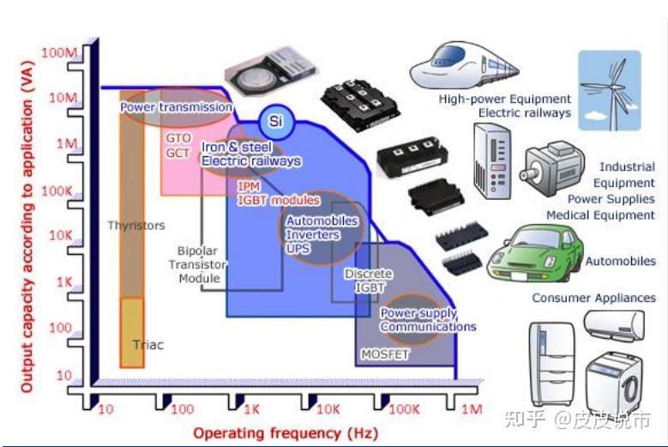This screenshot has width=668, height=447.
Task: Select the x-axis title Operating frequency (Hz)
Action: (x=273, y=432)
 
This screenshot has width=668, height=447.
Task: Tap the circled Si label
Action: (x=275, y=122)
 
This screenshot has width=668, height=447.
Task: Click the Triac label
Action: (x=147, y=345)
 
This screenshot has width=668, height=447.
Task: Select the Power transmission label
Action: (x=176, y=107)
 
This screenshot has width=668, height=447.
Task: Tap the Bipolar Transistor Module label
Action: (x=198, y=264)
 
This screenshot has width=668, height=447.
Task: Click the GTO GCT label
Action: (x=178, y=145)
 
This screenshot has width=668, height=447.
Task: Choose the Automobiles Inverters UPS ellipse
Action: (x=322, y=234)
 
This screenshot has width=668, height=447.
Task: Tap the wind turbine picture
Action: (x=609, y=90)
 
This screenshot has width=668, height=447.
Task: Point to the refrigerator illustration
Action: (x=552, y=363)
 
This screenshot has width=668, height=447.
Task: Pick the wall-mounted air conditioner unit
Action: (x=613, y=325)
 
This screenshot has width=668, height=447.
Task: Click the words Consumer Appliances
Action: (x=593, y=298)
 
